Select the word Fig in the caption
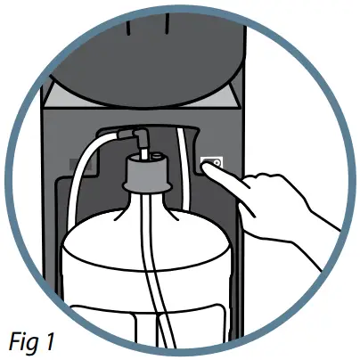pos(27,340)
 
